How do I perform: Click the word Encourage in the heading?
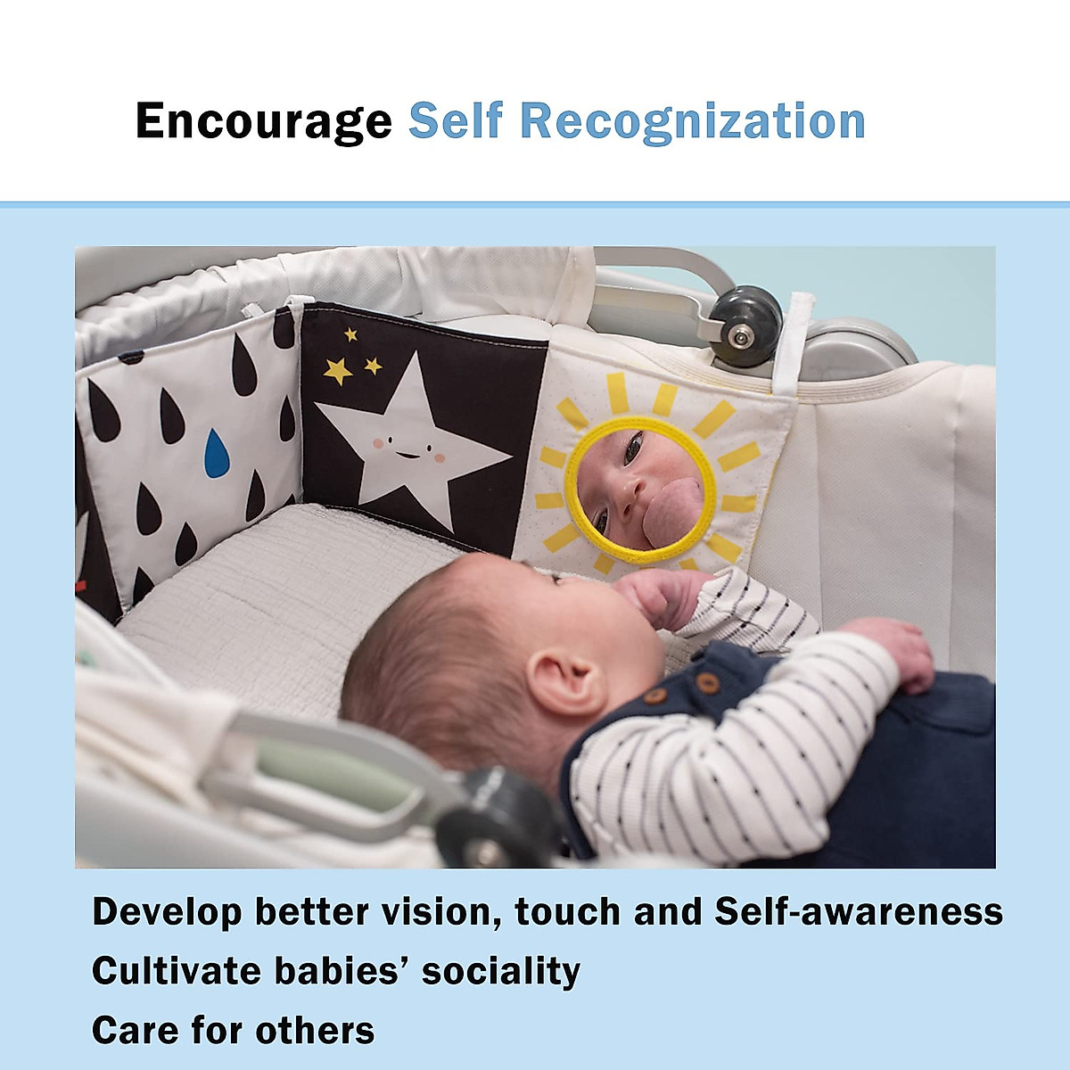(264, 122)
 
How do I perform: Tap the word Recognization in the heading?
(693, 122)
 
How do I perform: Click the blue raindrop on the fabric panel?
(217, 453)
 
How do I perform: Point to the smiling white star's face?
(408, 449)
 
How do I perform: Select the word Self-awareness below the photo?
(859, 912)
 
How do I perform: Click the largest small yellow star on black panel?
(338, 371)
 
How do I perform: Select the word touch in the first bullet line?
(567, 912)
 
